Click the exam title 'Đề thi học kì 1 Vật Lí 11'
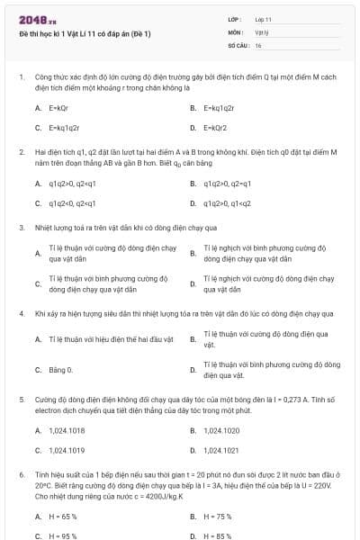pyautogui.click(x=85, y=34)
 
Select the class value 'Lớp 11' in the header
pyautogui.click(x=264, y=19)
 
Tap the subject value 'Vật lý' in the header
pyautogui.click(x=262, y=31)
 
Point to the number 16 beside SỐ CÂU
pyautogui.click(x=258, y=44)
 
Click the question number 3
pyautogui.click(x=21, y=228)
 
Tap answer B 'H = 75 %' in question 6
pyautogui.click(x=217, y=517)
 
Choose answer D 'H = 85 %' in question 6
pyautogui.click(x=217, y=536)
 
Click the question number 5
pyautogui.click(x=21, y=397)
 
